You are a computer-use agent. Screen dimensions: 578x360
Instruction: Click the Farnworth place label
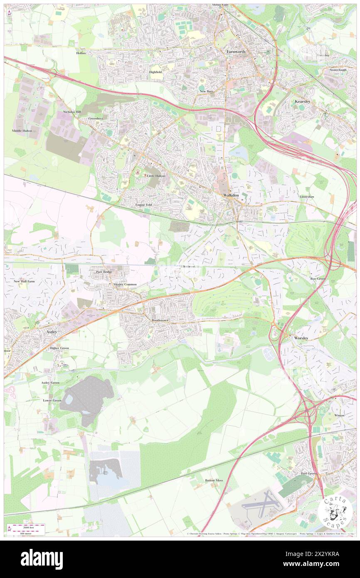pyautogui.click(x=236, y=52)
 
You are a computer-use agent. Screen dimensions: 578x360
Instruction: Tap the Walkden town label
pyautogui.click(x=229, y=195)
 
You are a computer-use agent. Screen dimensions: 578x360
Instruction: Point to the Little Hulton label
pyautogui.click(x=156, y=176)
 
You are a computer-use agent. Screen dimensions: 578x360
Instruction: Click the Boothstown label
pyautogui.click(x=160, y=320)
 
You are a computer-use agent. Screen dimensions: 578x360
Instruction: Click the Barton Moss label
pyautogui.click(x=214, y=480)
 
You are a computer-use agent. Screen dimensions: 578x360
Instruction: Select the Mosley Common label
pyautogui.click(x=125, y=284)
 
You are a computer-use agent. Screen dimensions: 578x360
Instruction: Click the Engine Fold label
pyautogui.click(x=144, y=205)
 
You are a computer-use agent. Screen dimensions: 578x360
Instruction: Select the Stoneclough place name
pyautogui.click(x=338, y=69)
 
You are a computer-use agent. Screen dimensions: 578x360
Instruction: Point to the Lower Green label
pyautogui.click(x=52, y=400)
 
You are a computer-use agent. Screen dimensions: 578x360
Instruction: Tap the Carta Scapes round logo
pyautogui.click(x=335, y=511)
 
